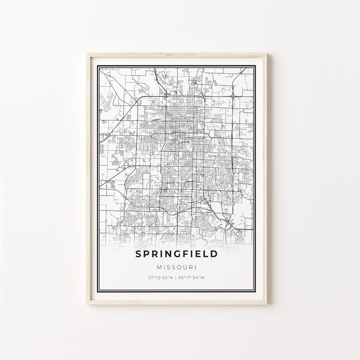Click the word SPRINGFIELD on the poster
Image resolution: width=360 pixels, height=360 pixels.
tap(177, 254)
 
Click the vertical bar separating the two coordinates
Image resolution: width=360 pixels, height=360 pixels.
tap(177, 278)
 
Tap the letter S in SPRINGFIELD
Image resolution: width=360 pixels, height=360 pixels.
tap(138, 254)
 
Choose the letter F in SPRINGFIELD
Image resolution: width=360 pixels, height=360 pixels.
tap(182, 254)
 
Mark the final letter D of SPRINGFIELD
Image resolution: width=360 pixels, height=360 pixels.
tap(214, 254)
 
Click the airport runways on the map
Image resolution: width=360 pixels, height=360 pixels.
tap(108, 102)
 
